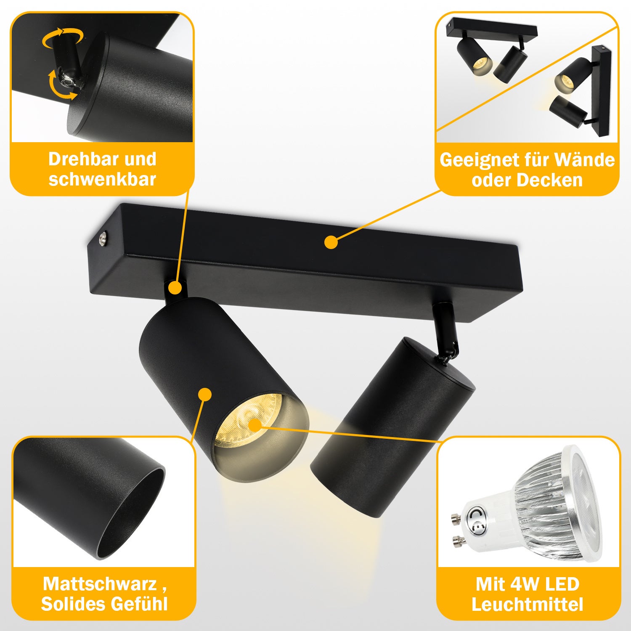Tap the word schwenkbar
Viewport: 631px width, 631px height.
[x=102, y=179]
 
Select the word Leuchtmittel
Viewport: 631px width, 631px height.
[x=527, y=605]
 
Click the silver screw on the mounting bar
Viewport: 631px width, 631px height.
[x=103, y=240]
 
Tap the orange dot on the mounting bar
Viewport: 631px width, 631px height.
[x=331, y=242]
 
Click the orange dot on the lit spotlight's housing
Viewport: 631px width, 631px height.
[x=205, y=394]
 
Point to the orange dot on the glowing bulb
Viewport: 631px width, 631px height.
[x=255, y=425]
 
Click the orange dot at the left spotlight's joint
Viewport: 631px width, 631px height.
[x=175, y=288]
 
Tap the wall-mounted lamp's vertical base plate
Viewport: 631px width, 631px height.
[x=599, y=90]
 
